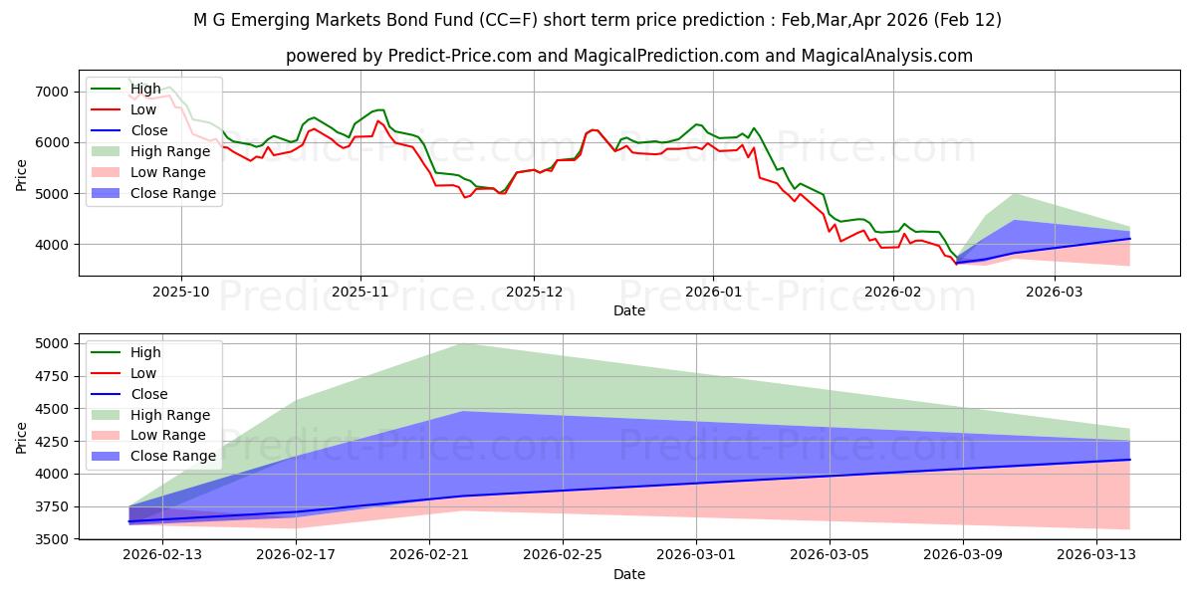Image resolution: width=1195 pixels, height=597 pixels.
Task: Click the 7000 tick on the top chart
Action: pyautogui.click(x=51, y=92)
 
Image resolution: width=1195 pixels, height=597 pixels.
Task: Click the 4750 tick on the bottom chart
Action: pyautogui.click(x=51, y=376)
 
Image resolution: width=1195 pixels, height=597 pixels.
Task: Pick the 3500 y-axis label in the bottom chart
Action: pyautogui.click(x=51, y=539)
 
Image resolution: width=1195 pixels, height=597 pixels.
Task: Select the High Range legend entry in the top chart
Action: pyautogui.click(x=170, y=151)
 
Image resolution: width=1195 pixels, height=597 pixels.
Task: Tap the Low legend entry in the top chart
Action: pyautogui.click(x=145, y=109)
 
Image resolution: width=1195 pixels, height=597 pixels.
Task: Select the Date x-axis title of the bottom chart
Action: pyautogui.click(x=628, y=574)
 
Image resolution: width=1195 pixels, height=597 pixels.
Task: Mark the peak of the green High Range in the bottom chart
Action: pyautogui.click(x=463, y=344)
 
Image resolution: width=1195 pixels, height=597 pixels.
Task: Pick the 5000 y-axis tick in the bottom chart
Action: pyautogui.click(x=51, y=343)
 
